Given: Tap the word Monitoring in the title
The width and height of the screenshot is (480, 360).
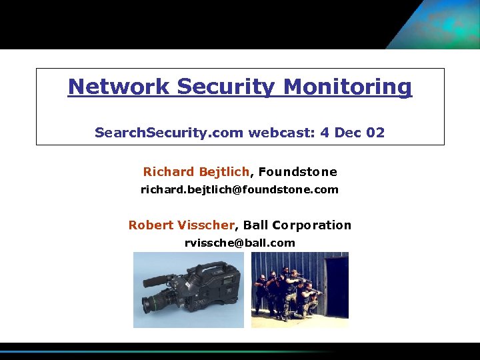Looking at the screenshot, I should click(x=348, y=87).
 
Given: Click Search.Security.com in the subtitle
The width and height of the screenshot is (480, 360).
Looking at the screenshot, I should click(x=169, y=133).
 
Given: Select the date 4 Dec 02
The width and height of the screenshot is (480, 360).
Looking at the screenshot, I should click(x=352, y=133).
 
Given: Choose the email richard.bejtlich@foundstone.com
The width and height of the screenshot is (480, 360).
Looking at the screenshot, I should click(x=239, y=189).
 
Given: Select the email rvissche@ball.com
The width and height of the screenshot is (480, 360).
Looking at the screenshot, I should click(x=239, y=243).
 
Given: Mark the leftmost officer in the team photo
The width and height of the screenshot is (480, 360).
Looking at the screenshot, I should click(x=259, y=293).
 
